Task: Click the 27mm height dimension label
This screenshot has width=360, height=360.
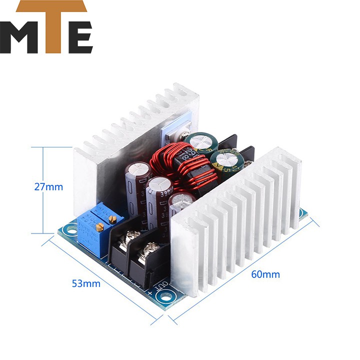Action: coord(48,187)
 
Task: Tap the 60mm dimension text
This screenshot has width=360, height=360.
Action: coord(266,274)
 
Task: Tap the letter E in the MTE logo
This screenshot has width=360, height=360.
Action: coord(78,37)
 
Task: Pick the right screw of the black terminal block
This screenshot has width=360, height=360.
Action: coord(150,246)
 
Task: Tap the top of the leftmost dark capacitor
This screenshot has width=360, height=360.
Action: coord(136,168)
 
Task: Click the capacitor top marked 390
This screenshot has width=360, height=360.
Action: coord(159,185)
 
